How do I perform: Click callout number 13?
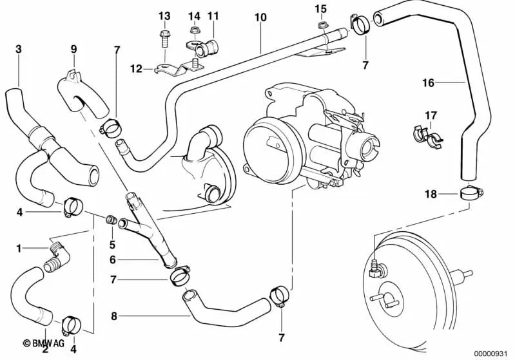pyautogui.click(x=164, y=15)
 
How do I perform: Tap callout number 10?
pyautogui.click(x=260, y=18)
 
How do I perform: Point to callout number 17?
pyautogui.click(x=431, y=115)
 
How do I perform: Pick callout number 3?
pyautogui.click(x=18, y=49)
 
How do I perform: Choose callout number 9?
pyautogui.click(x=73, y=49)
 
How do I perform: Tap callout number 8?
pyautogui.click(x=115, y=316)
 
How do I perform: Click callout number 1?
pyautogui.click(x=19, y=247)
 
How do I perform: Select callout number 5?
pyautogui.click(x=112, y=245)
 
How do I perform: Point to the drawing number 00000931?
pyautogui.click(x=491, y=353)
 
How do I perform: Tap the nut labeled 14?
pyautogui.click(x=193, y=30)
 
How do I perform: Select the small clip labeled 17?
pyautogui.click(x=425, y=135)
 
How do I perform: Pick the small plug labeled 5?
pyautogui.click(x=110, y=220)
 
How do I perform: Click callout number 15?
pyautogui.click(x=321, y=8)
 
